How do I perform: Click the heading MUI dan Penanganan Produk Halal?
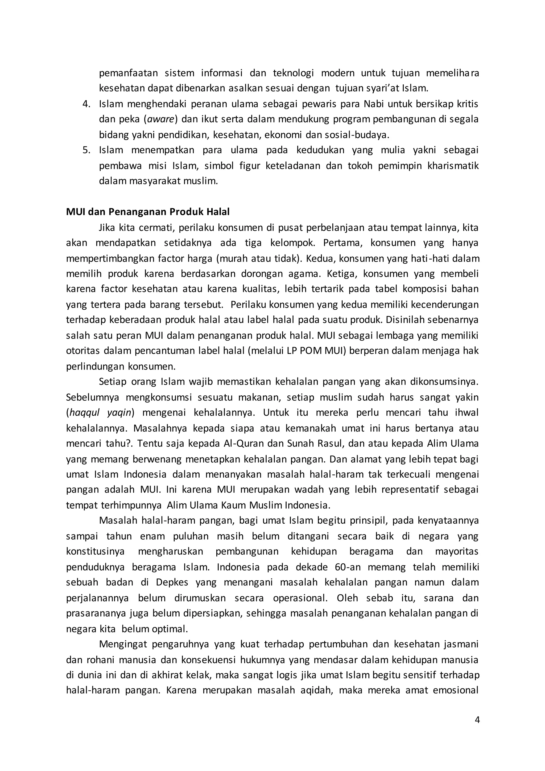[148, 212]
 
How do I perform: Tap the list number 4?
[86, 104]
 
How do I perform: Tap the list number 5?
[86, 150]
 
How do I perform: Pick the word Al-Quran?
[241, 443]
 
